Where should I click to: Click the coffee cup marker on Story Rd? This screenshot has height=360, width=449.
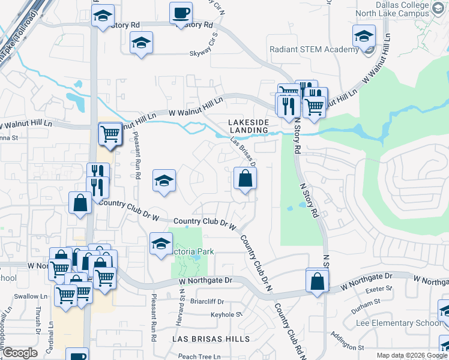tap(181, 13)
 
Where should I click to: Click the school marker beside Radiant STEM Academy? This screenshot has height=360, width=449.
tap(364, 37)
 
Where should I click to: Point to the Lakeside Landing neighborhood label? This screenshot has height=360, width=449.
tap(247, 125)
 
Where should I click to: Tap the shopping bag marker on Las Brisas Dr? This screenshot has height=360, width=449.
tap(245, 178)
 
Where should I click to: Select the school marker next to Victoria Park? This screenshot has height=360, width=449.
tap(160, 244)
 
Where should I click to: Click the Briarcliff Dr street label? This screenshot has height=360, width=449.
tap(208, 302)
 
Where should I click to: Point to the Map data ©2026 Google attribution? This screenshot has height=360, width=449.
tap(411, 355)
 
